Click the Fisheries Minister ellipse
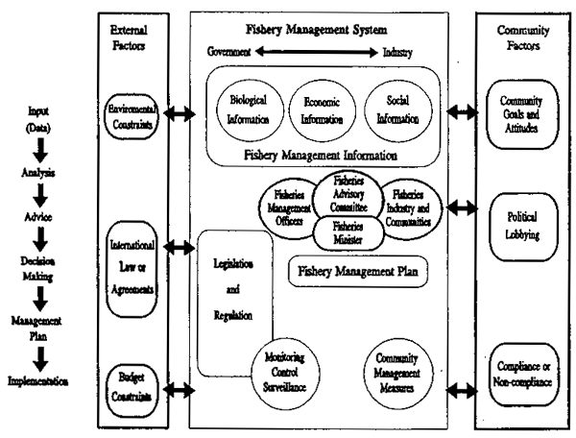coord(348,231)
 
